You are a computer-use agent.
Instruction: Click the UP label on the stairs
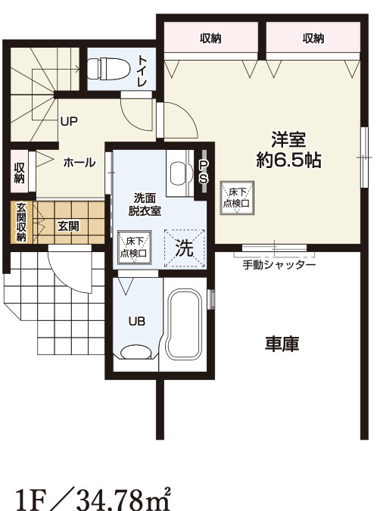[x=69, y=120]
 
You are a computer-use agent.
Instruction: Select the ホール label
[x=79, y=163]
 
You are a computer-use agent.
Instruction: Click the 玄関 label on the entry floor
[x=68, y=225]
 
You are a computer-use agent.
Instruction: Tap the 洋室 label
[x=288, y=139]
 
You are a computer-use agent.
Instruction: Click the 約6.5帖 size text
[x=288, y=160]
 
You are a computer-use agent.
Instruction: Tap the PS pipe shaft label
[x=203, y=172]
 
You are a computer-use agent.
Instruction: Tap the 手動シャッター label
[x=279, y=265]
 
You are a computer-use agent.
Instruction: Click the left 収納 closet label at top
[x=211, y=38]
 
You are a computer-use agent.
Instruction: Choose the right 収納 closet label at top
[x=313, y=38]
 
